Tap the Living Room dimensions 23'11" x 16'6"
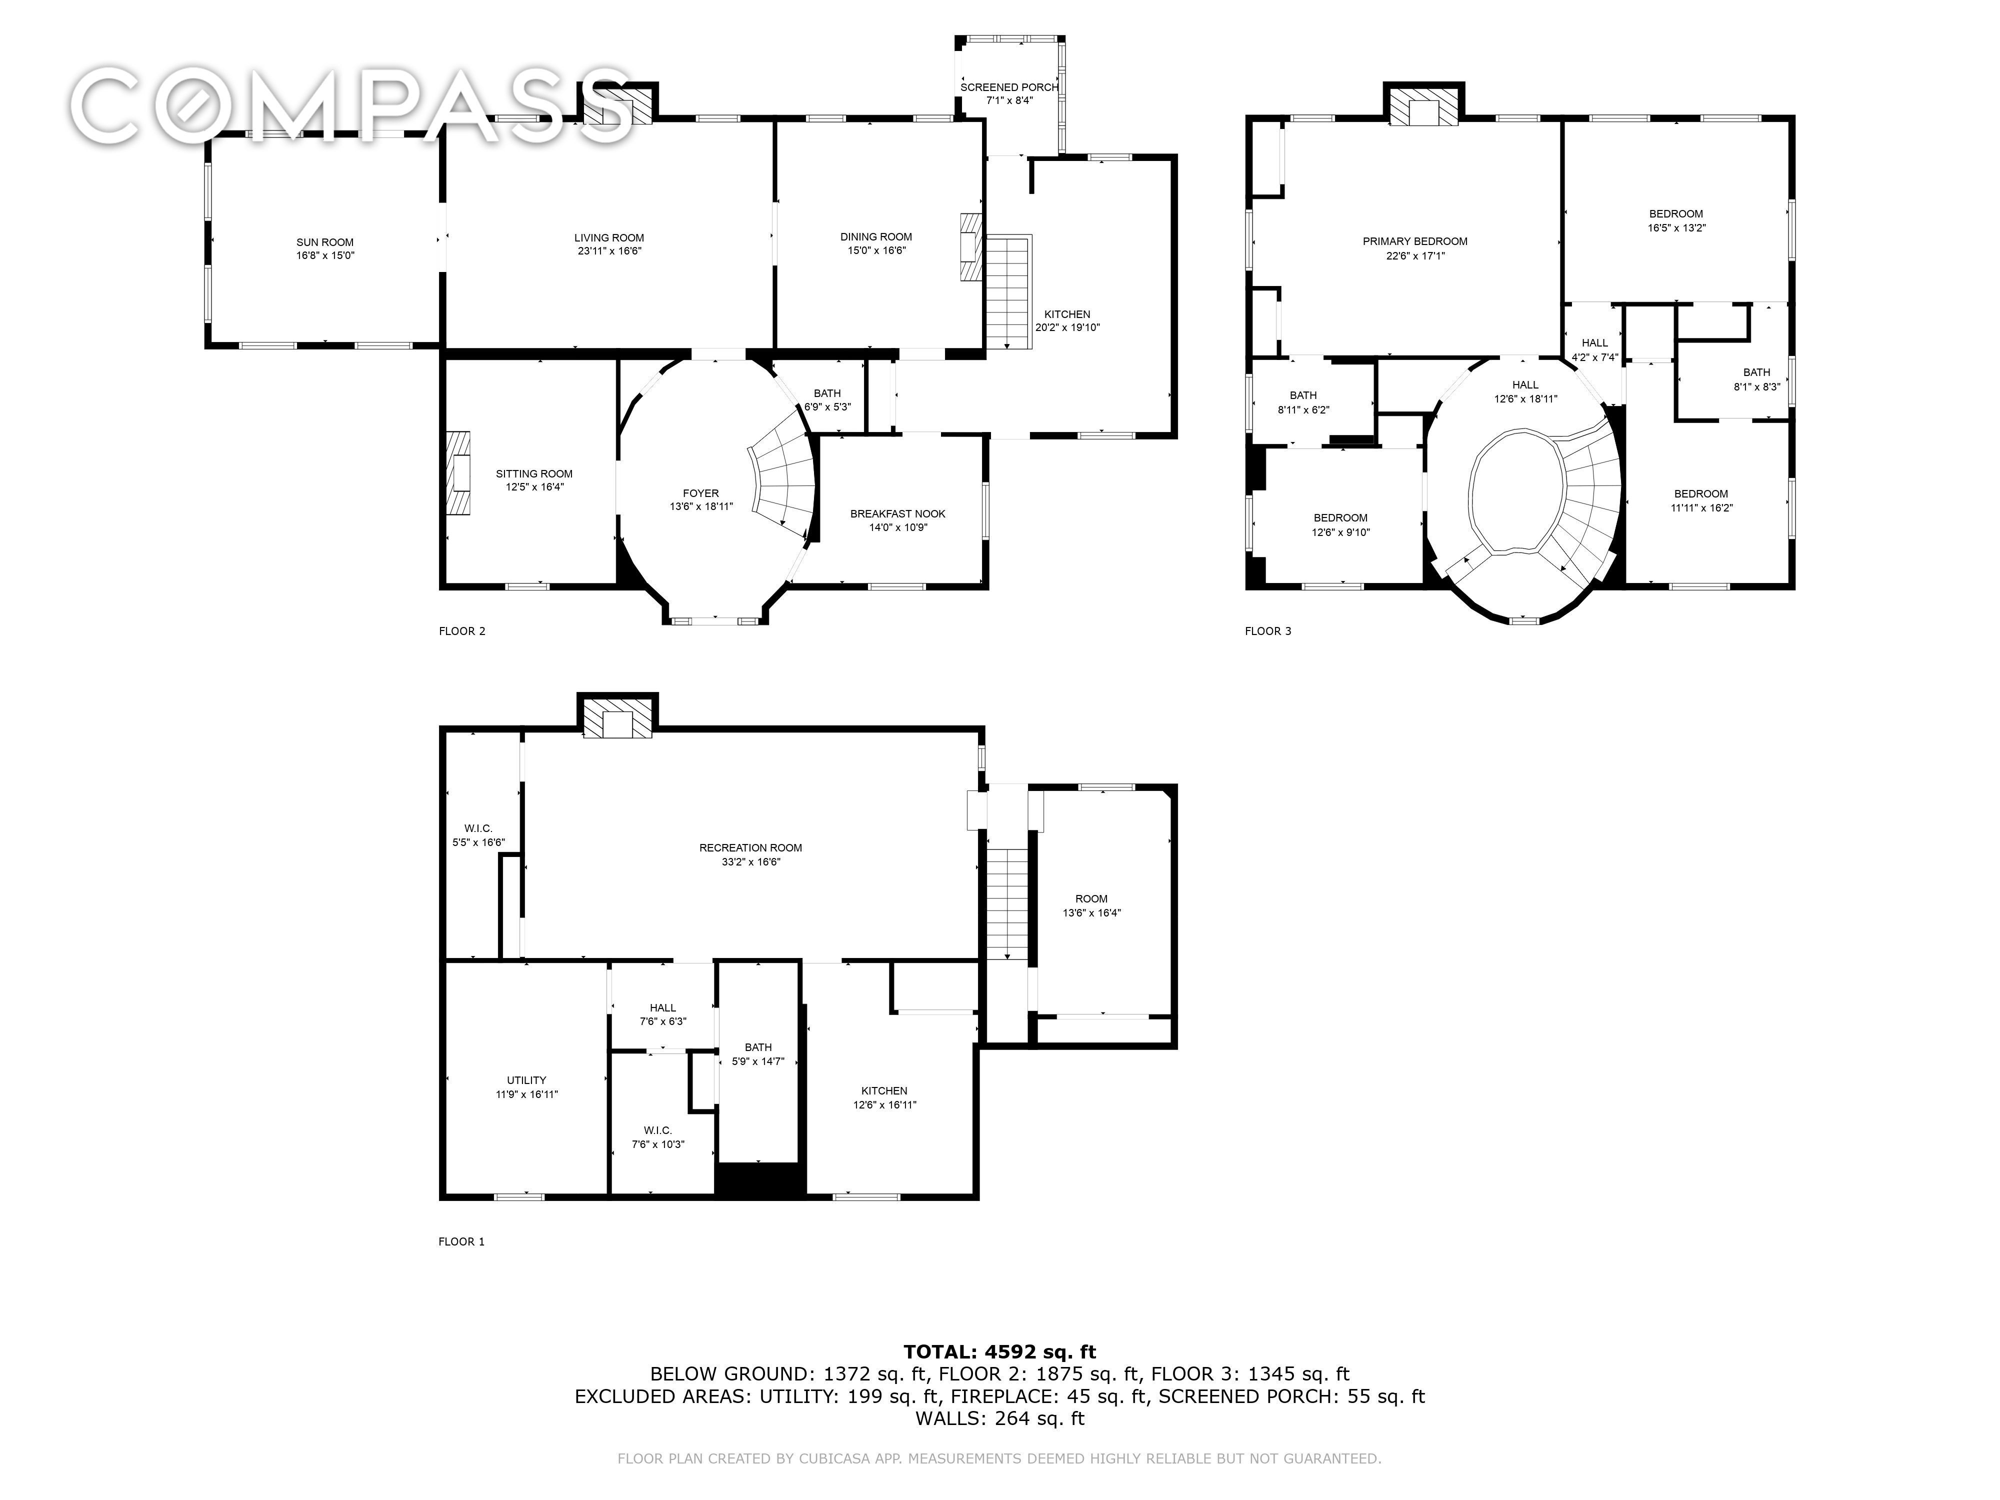(609, 251)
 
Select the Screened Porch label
(1009, 87)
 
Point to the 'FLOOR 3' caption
(1267, 631)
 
